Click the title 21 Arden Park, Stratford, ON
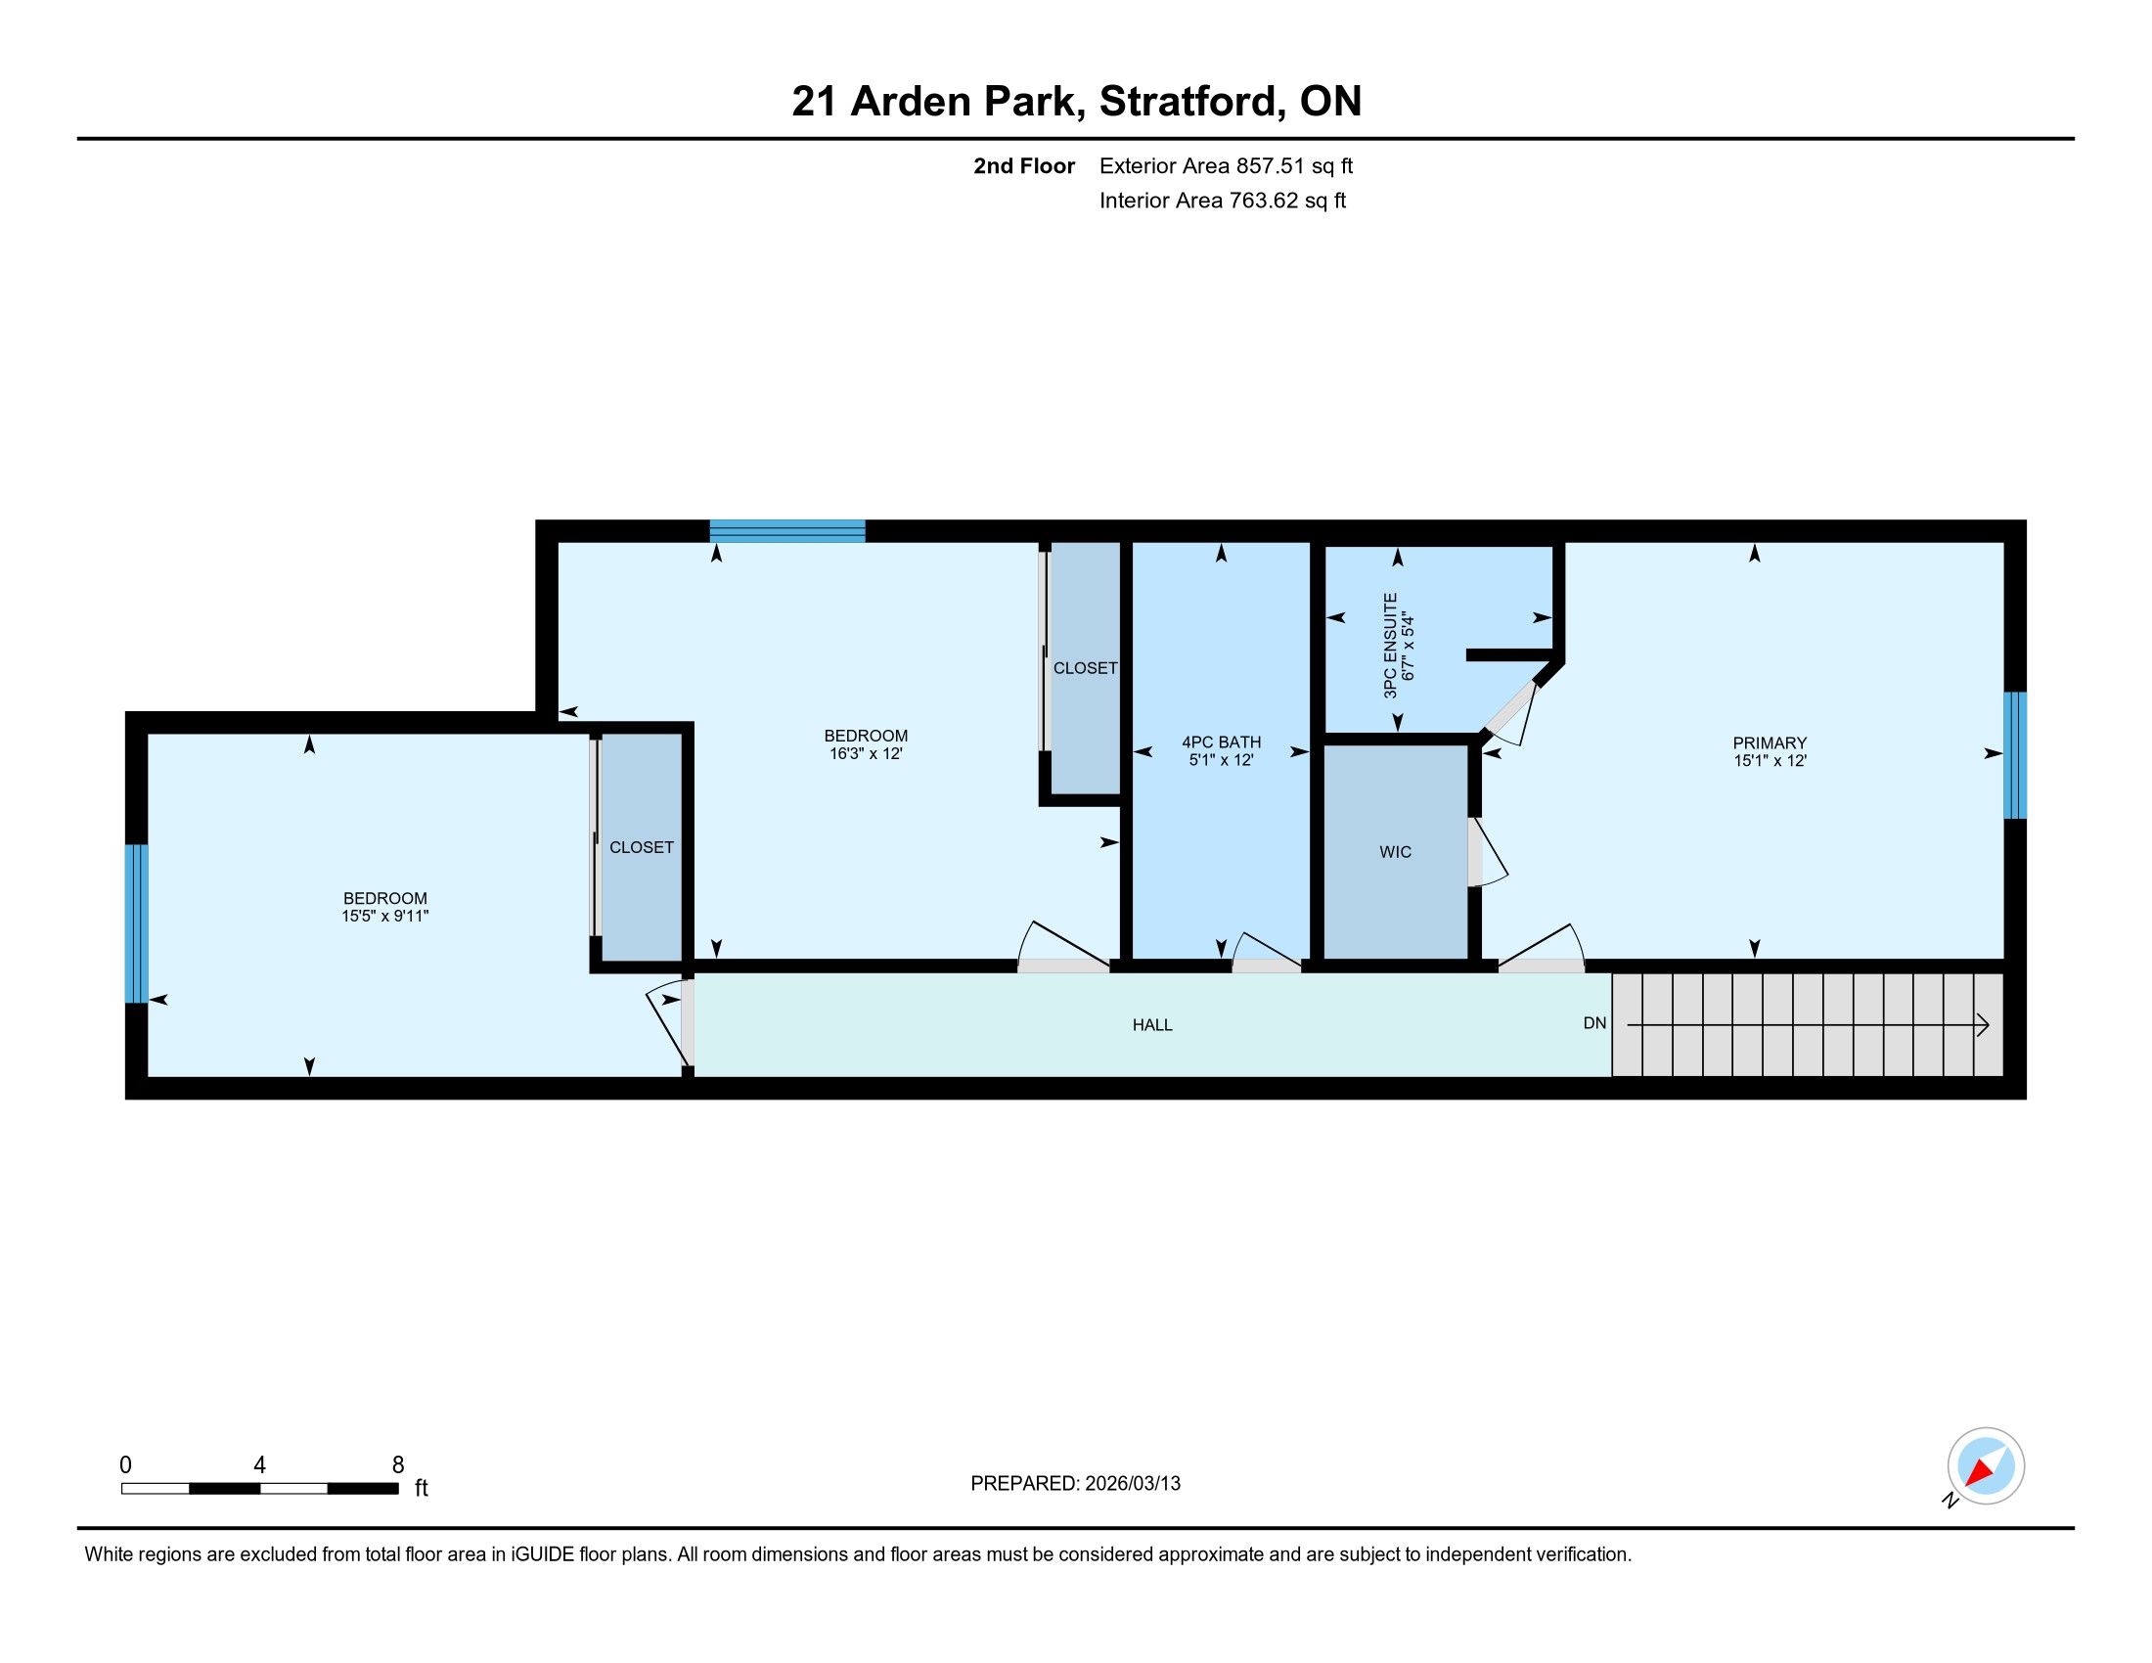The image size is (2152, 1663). pos(1076,101)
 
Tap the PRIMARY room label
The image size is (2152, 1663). pos(1770,742)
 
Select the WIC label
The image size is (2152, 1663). pos(1395,852)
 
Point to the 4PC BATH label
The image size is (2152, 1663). pos(1221,742)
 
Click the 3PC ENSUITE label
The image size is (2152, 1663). pos(1390,646)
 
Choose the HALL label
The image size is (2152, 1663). pos(1152,1024)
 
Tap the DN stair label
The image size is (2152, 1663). pos(1594,1022)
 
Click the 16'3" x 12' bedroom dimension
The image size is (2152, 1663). pos(866,753)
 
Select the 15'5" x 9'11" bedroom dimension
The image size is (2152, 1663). pos(385,917)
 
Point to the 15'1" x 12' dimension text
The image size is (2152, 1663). pos(1771,760)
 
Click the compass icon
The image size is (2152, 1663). pos(1986,1465)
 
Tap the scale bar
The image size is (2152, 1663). pos(260,1488)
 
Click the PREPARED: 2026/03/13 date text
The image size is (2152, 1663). pos(1075,1484)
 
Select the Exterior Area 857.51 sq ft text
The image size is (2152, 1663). pos(1226,165)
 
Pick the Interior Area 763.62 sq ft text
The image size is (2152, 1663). pos(1222,200)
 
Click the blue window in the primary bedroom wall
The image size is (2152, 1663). pos(2015,754)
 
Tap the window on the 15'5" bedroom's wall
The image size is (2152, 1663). pos(137,923)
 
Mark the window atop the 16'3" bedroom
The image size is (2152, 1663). pos(787,531)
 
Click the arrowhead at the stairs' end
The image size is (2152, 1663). pos(1984,1025)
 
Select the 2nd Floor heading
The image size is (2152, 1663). pos(1024,165)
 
